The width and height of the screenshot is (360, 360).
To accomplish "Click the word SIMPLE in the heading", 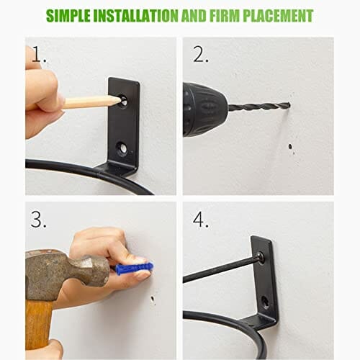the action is [x=68, y=16].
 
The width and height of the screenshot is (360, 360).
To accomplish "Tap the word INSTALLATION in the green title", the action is [x=136, y=16].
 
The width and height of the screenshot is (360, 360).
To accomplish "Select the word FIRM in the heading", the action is [x=225, y=16].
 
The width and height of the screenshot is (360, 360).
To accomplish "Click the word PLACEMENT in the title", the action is [x=278, y=16].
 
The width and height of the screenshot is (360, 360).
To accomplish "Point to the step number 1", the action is [x=38, y=55].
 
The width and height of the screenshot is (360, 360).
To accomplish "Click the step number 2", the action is [x=201, y=55].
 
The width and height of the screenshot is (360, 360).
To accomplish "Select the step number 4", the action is [x=201, y=220].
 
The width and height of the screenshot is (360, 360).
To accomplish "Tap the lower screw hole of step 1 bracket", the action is [x=122, y=148].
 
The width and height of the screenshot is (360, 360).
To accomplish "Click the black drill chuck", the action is [x=204, y=109].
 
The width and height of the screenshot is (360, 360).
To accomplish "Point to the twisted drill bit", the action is [x=259, y=106].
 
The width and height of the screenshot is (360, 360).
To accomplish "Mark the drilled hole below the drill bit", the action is [x=290, y=146].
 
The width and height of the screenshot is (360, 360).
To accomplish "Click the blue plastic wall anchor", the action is [x=134, y=268].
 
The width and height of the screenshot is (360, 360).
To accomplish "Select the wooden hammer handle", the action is [x=38, y=325].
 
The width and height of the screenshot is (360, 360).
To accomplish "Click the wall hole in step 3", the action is [x=152, y=299].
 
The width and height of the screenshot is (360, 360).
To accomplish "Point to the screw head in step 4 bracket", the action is [x=261, y=257].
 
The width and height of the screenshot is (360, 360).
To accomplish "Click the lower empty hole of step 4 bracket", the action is [x=266, y=302].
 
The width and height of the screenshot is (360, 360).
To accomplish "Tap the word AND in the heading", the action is [x=194, y=16].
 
